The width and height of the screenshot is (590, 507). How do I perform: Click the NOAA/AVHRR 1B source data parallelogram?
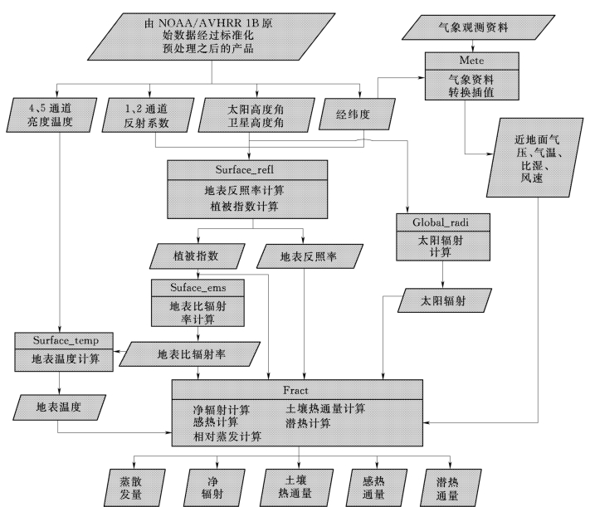[x=211, y=37]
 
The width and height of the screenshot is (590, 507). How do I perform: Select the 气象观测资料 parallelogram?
[x=478, y=27]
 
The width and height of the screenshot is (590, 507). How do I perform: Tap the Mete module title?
[x=472, y=61]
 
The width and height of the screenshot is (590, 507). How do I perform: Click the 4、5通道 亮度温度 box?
[x=51, y=115]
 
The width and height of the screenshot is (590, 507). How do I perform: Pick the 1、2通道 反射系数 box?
[x=148, y=115]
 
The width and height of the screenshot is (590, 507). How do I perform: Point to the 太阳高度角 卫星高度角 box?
[x=256, y=115]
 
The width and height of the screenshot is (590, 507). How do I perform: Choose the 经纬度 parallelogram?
[x=357, y=114]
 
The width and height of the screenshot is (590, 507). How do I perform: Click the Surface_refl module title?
[x=245, y=170]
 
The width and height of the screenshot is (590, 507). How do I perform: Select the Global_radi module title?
[x=441, y=222]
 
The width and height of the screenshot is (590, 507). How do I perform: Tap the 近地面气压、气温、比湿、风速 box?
[x=534, y=158]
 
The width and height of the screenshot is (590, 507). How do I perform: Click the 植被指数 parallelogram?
[x=197, y=256]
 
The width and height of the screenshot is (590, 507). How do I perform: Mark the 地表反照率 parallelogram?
[x=310, y=256]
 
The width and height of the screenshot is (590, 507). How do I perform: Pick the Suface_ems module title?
[x=198, y=288]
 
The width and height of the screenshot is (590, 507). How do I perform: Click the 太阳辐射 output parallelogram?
[x=445, y=300]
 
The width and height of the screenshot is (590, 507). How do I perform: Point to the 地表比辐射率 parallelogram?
[x=190, y=353]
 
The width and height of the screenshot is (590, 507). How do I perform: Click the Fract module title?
[x=295, y=390]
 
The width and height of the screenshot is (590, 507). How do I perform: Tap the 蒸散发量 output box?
[x=134, y=487]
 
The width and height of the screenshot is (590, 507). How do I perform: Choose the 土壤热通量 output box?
[x=296, y=487]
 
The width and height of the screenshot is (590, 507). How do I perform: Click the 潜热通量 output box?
[x=450, y=487]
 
